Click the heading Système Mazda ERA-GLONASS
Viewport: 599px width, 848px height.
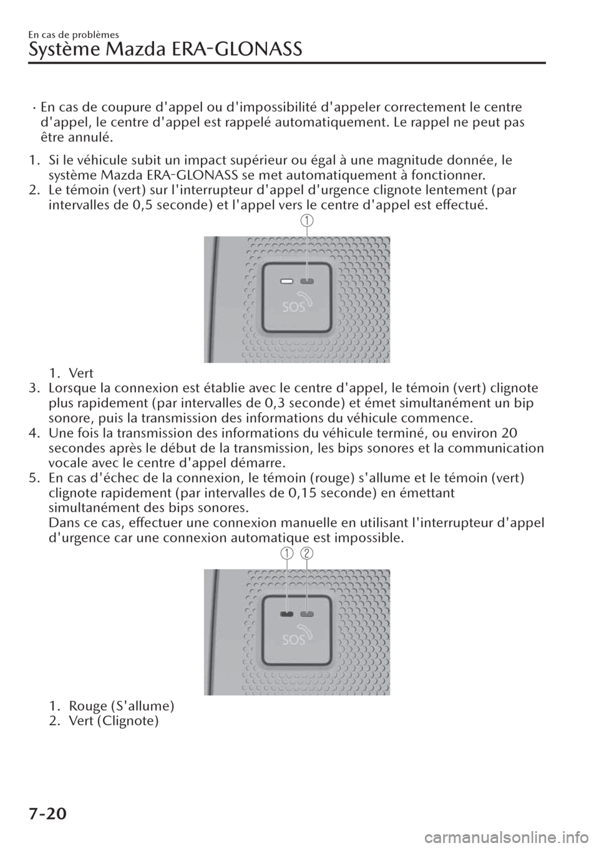(165, 50)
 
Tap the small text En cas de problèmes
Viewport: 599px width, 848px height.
(74, 35)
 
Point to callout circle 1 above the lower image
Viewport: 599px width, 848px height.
(287, 553)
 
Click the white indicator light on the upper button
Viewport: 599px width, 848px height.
(287, 281)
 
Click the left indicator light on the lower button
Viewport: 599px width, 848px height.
(287, 614)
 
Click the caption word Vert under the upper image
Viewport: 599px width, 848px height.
(81, 373)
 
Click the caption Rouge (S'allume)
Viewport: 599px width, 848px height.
(121, 706)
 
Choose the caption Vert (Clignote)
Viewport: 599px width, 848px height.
(114, 721)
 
